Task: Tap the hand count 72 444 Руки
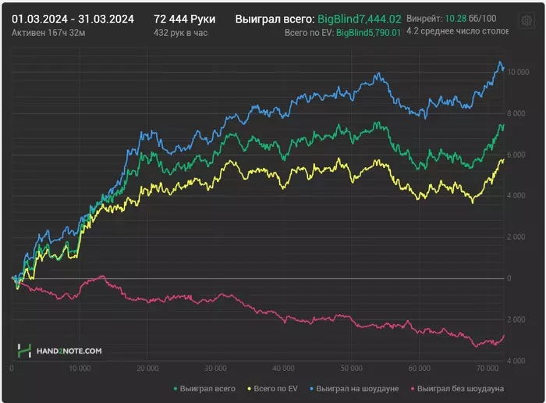[x=185, y=18]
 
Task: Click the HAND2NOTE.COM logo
[x=60, y=351]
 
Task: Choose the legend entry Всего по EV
[x=272, y=388]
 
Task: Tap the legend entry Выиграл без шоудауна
[x=460, y=388]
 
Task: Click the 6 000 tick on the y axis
[x=518, y=155]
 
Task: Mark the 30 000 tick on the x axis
[x=215, y=368]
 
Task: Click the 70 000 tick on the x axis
[x=487, y=368]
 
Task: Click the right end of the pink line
[x=504, y=336]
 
